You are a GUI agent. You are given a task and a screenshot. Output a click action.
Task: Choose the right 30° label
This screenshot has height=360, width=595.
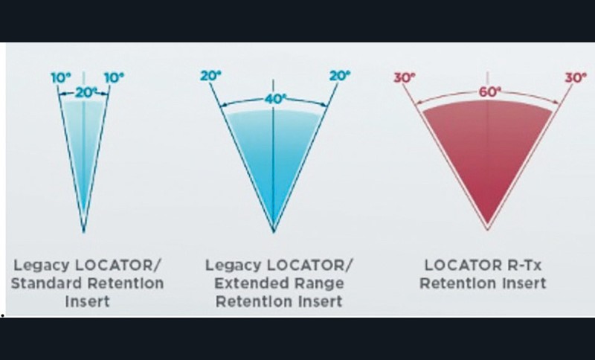pyautogui.click(x=575, y=76)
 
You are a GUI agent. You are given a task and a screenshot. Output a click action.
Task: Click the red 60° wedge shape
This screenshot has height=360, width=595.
pyautogui.click(x=487, y=156)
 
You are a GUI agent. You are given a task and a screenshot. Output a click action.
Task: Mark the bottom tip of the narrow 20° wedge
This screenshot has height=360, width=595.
pyautogui.click(x=83, y=231)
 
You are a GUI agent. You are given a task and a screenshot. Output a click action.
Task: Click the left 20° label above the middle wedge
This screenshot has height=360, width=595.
pyautogui.click(x=209, y=76)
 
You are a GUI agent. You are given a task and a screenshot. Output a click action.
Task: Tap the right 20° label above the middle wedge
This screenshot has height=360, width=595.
pyautogui.click(x=338, y=76)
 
